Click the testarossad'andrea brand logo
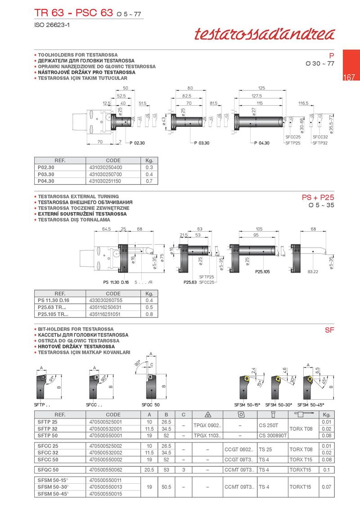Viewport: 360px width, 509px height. click(265, 34)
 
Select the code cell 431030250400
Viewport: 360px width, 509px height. click(106, 168)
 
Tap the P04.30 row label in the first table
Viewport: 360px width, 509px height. click(46, 181)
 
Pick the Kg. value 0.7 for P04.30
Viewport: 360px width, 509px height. click(149, 181)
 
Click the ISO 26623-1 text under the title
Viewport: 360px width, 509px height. click(52, 25)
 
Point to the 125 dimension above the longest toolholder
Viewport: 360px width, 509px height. click(261, 88)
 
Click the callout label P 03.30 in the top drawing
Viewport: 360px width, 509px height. click(202, 143)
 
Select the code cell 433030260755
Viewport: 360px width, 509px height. click(106, 301)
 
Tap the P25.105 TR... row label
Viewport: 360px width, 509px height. click(53, 314)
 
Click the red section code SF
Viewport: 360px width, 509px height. click(329, 330)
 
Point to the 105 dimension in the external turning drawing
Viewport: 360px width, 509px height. click(259, 229)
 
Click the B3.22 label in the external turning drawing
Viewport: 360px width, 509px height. click(313, 272)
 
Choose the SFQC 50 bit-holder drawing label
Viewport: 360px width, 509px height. click(151, 405)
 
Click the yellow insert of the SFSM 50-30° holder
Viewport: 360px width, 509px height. click(278, 379)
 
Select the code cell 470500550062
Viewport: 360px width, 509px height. click(106, 470)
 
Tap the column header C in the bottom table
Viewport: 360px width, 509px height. click(184, 415)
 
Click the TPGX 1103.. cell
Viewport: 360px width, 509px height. click(207, 436)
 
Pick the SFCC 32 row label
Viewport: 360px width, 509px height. click(48, 453)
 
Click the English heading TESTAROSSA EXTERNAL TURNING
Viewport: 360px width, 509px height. click(78, 196)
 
